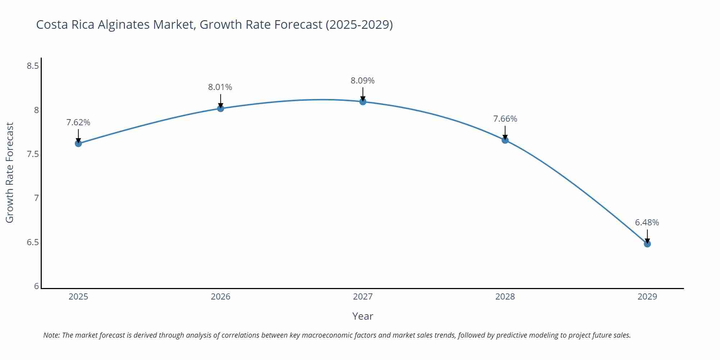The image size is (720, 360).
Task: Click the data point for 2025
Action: coord(78,144)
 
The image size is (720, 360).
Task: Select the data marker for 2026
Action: coord(221,108)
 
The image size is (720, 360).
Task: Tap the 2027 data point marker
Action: coord(363,102)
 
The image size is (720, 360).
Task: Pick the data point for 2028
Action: coord(505,140)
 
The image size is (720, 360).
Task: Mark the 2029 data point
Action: coord(647,244)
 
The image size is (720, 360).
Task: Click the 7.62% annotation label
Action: coord(78,122)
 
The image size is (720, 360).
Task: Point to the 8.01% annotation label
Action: coord(220,87)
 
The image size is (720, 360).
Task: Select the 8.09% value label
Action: coord(363,81)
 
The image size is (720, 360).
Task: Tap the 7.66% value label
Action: coord(505,119)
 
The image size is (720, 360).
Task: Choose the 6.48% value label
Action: coord(647,222)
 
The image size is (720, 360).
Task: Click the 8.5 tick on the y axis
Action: coord(33,66)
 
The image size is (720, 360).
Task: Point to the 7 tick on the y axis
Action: coord(36,198)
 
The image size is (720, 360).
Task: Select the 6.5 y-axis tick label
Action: coord(33,242)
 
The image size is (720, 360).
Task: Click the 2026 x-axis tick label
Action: coord(220,297)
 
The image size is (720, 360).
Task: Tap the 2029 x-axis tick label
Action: coord(647,297)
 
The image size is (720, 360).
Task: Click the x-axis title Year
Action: coord(363,316)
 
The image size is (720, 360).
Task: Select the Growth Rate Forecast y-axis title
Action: coord(10,172)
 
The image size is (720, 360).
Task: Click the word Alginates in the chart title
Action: coord(124,25)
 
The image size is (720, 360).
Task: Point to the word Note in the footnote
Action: coord(51,335)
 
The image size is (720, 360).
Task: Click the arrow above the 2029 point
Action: coord(647,236)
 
